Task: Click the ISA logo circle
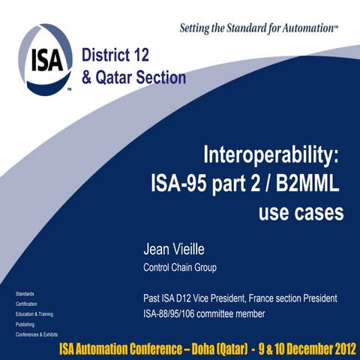tap(46, 58)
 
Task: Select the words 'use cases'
tap(301, 212)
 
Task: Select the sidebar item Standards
tap(25, 292)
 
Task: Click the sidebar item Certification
tap(26, 303)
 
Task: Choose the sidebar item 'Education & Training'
tap(34, 313)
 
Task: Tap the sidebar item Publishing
tap(25, 324)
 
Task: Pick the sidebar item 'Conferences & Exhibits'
tap(37, 334)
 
